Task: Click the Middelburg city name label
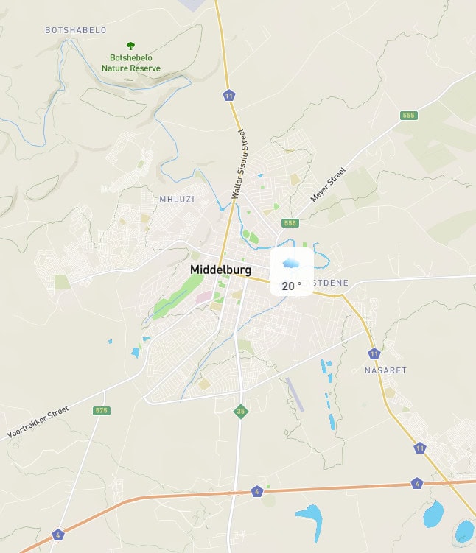pyautogui.click(x=221, y=270)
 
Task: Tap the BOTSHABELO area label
pyautogui.click(x=76, y=30)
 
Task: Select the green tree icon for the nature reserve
pyautogui.click(x=131, y=46)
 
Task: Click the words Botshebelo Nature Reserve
pyautogui.click(x=131, y=63)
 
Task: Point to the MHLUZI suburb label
pyautogui.click(x=176, y=199)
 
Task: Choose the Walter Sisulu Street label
pyautogui.click(x=237, y=164)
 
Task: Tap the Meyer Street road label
pyautogui.click(x=328, y=185)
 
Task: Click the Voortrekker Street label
pyautogui.click(x=38, y=422)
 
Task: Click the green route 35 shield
pyautogui.click(x=239, y=412)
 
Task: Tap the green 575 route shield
pyautogui.click(x=102, y=410)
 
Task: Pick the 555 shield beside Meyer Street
pyautogui.click(x=290, y=223)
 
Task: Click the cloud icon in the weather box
pyautogui.click(x=291, y=264)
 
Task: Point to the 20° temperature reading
pyautogui.click(x=291, y=286)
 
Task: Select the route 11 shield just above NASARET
pyautogui.click(x=374, y=353)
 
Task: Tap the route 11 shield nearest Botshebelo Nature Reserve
pyautogui.click(x=230, y=96)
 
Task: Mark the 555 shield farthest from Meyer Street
pyautogui.click(x=409, y=116)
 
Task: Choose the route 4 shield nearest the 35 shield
pyautogui.click(x=256, y=491)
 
